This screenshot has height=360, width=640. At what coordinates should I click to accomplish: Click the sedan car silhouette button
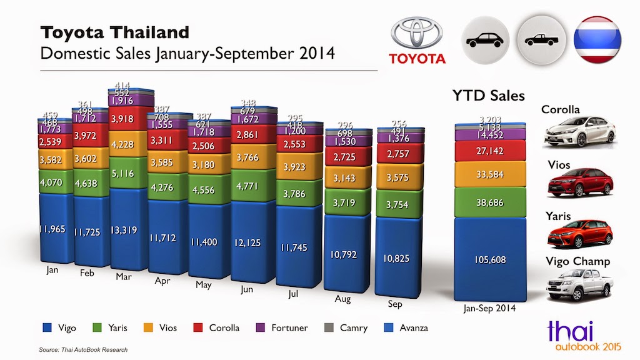[x=484, y=41]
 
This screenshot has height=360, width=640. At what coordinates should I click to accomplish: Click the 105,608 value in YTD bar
[x=490, y=259]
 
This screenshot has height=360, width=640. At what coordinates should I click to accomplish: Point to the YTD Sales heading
[x=488, y=96]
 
